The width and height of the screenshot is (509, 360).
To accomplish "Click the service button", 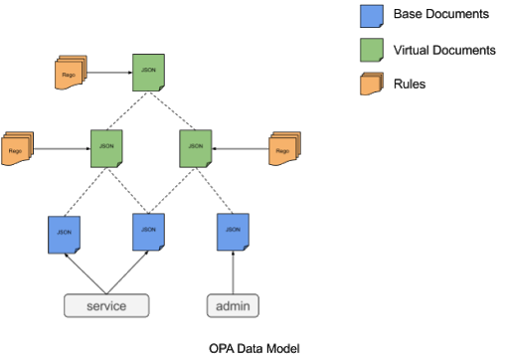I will click(x=106, y=305).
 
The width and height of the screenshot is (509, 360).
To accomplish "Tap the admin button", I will click(x=233, y=305).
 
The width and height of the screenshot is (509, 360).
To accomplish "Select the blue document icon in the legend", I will click(x=371, y=16).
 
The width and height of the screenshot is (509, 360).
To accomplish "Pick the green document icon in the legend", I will click(x=371, y=50).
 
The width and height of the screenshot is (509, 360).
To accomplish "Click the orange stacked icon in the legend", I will click(x=370, y=85).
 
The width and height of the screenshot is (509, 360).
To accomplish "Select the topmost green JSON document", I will click(x=148, y=73).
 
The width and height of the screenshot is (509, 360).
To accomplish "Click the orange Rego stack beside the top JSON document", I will click(x=70, y=74).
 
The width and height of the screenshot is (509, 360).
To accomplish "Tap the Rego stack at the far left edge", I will click(x=17, y=149).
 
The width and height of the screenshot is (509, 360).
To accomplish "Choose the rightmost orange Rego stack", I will click(x=283, y=150).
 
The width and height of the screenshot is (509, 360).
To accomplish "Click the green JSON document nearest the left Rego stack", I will click(x=106, y=148).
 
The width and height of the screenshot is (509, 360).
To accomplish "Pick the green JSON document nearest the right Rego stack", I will click(x=195, y=148).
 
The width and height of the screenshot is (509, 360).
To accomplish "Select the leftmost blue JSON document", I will click(x=64, y=235).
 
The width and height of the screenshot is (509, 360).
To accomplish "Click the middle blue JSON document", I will click(x=148, y=232).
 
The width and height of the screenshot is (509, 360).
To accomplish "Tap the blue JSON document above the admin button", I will click(x=233, y=232).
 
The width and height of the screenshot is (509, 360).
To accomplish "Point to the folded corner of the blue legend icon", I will click(x=379, y=24).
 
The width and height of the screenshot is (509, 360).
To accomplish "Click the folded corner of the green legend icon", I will click(x=379, y=58).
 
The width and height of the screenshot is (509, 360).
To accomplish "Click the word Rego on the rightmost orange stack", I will click(x=281, y=152).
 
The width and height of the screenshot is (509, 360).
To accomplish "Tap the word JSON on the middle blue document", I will click(x=148, y=230).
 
